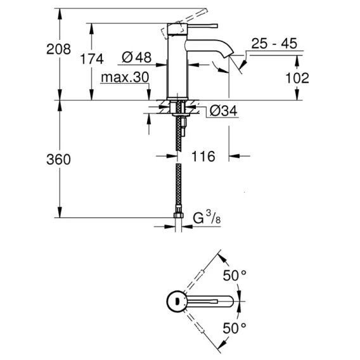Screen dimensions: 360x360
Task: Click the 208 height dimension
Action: pyautogui.click(x=58, y=49)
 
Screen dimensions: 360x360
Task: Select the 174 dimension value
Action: pyautogui.click(x=92, y=59)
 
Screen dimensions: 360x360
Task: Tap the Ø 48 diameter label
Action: pyautogui.click(x=137, y=57)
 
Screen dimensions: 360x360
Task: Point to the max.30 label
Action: pyautogui.click(x=125, y=77)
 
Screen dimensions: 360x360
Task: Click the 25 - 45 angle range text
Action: pyautogui.click(x=274, y=43)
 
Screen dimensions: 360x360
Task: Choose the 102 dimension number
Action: pyautogui.click(x=297, y=78)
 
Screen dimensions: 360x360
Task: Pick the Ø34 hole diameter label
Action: pyautogui.click(x=223, y=111)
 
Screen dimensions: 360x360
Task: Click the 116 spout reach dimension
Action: pyautogui.click(x=203, y=157)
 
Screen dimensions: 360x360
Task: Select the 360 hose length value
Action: pyautogui.click(x=58, y=160)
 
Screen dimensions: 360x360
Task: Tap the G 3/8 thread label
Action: pyautogui.click(x=207, y=217)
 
